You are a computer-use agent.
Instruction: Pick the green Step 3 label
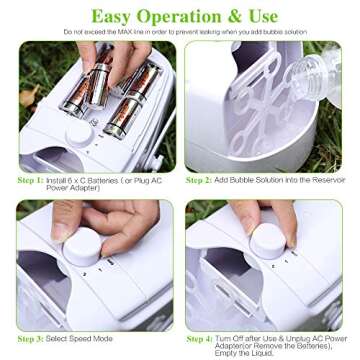point(31,340)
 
